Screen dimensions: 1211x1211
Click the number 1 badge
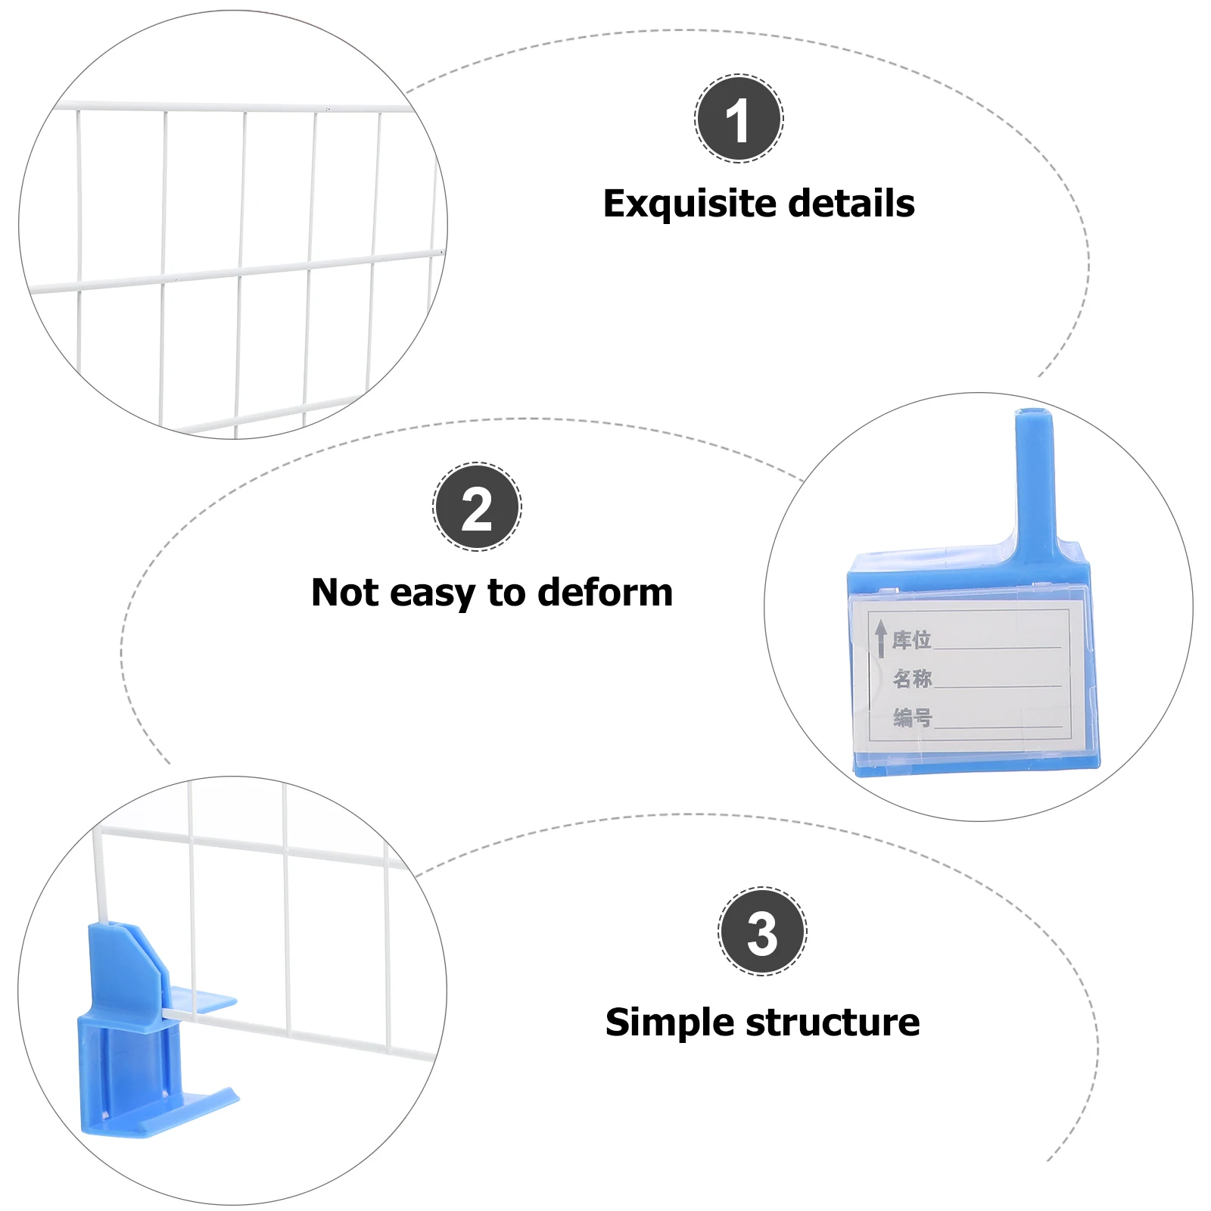[739, 119]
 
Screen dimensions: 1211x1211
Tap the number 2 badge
[477, 506]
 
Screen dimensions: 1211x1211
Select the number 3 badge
[762, 931]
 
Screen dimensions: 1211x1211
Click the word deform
[605, 592]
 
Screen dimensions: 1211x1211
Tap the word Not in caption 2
[344, 592]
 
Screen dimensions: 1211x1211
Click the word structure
[833, 1023]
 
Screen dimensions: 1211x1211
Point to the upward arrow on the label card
[880, 639]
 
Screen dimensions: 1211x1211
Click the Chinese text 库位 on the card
[911, 640]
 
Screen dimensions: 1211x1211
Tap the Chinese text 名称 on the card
[912, 678]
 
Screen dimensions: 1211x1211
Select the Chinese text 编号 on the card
[912, 717]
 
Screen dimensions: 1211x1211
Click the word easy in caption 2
[432, 593]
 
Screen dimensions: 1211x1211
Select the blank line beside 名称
[998, 686]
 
